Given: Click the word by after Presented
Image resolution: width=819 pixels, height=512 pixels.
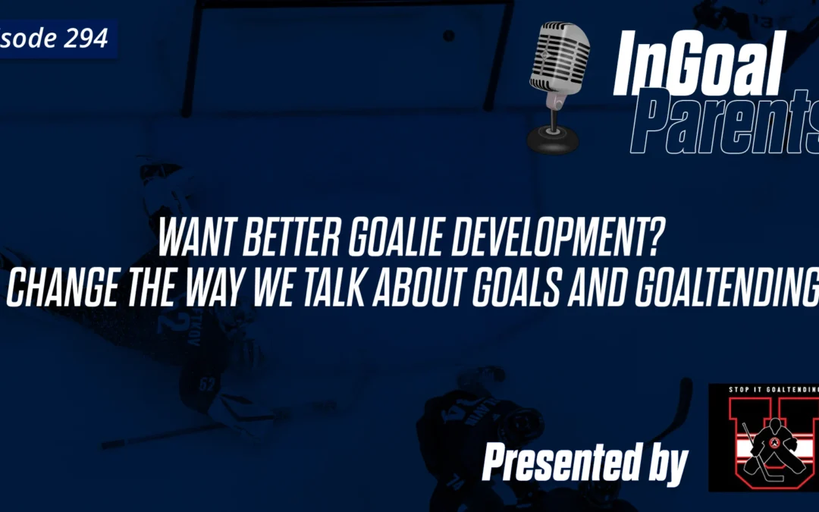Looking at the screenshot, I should point(666,461).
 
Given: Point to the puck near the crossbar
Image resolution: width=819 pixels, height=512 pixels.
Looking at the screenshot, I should point(449,35).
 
